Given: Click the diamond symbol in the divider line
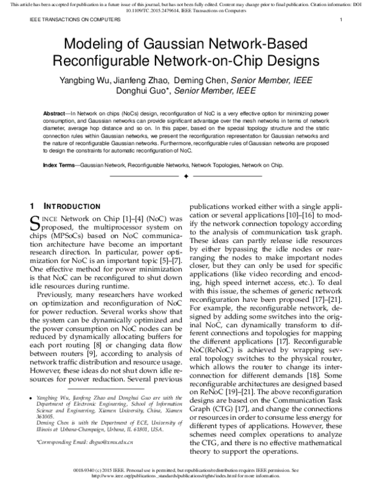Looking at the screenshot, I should click(x=186, y=177).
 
